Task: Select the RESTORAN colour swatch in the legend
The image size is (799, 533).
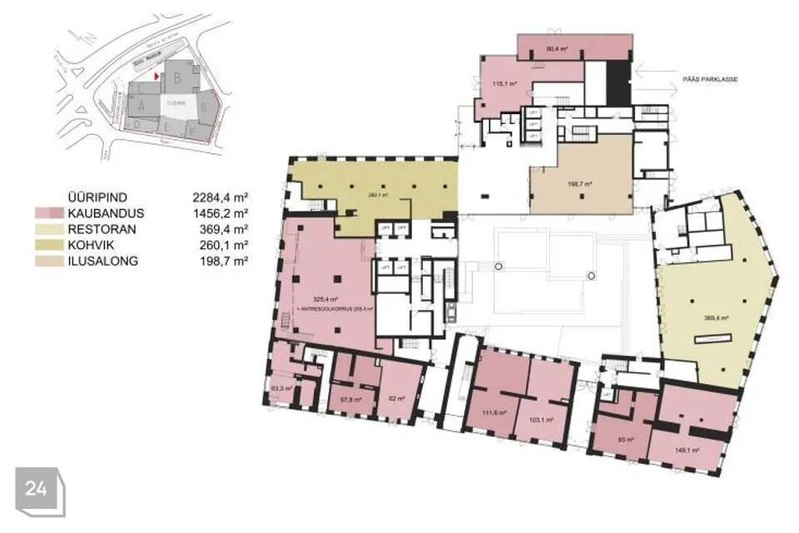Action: (x=47, y=229)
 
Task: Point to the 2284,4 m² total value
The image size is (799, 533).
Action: (x=221, y=197)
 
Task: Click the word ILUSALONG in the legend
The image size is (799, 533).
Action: (x=102, y=261)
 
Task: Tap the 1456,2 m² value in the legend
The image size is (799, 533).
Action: (x=221, y=213)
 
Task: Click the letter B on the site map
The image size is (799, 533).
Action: (x=177, y=77)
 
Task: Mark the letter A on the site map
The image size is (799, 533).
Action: (x=142, y=106)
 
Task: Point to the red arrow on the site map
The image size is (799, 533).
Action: (x=156, y=75)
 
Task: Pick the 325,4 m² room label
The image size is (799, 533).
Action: (x=324, y=298)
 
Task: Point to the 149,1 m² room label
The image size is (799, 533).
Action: (x=687, y=450)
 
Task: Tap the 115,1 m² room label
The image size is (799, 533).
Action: (x=505, y=84)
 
